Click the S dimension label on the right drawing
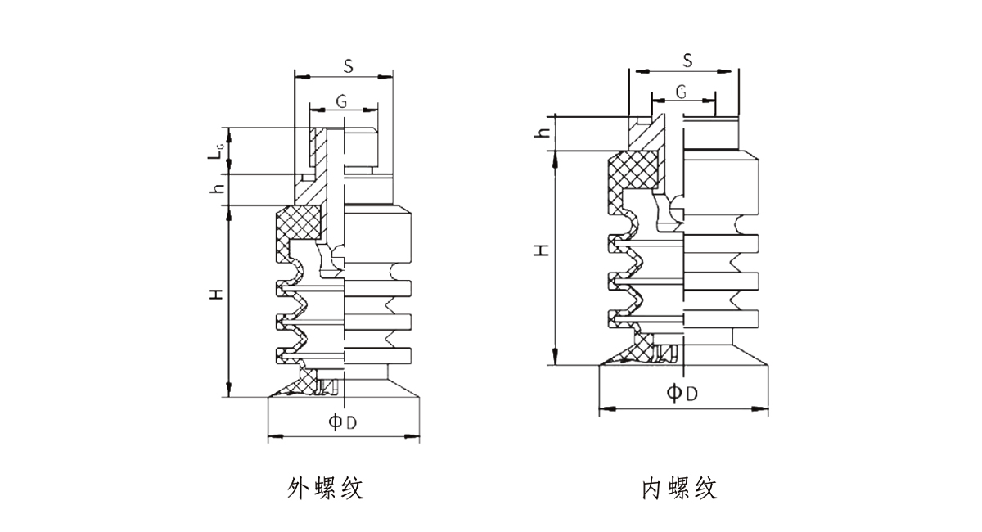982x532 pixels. click(687, 60)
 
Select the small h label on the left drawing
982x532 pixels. click(217, 189)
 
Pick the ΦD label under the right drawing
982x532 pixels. click(682, 393)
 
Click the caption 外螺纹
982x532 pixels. click(325, 489)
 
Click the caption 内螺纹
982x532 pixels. click(679, 489)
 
